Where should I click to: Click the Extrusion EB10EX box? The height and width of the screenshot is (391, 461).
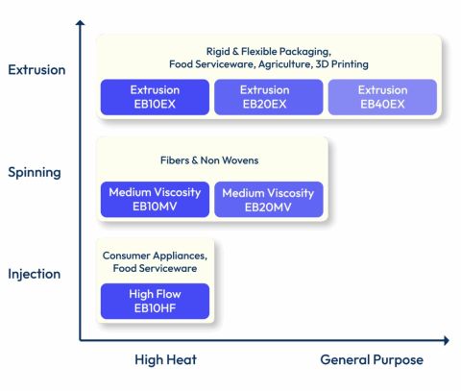[155, 96]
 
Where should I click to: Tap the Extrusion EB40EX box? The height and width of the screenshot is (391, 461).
[382, 96]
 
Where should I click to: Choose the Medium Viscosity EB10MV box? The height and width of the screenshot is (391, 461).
[155, 199]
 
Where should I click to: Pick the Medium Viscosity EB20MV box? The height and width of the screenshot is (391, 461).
[268, 199]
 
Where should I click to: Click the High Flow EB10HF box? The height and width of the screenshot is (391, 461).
[155, 301]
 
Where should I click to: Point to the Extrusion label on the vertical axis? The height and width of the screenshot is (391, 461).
[36, 70]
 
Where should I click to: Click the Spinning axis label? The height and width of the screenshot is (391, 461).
[35, 173]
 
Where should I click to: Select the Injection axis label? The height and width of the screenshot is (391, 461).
[35, 274]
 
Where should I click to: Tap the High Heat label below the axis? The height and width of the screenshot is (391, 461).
[166, 360]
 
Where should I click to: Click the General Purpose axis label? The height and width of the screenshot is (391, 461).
[371, 360]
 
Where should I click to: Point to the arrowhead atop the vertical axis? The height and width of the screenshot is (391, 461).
[80, 23]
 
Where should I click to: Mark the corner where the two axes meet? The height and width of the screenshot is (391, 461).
[80, 340]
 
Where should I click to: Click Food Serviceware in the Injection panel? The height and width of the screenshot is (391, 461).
[155, 269]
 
